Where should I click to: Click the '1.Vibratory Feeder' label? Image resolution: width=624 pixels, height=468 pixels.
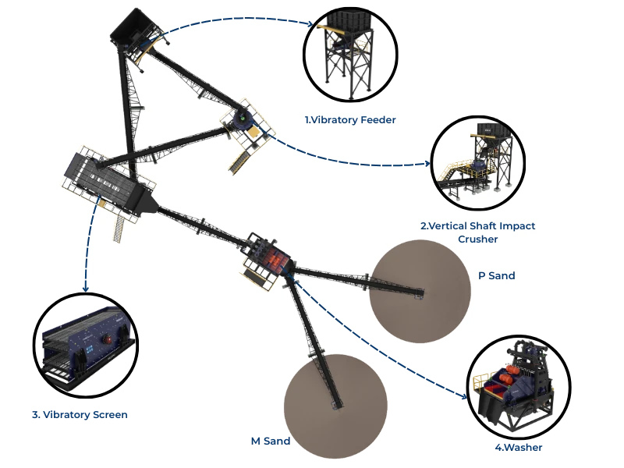(350, 120)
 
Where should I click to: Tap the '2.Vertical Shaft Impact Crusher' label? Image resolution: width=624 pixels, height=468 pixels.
(477, 232)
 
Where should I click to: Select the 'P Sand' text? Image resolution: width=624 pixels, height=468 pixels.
(496, 275)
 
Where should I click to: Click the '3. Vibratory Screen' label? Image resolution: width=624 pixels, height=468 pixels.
(80, 415)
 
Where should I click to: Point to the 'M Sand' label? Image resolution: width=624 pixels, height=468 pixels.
(271, 441)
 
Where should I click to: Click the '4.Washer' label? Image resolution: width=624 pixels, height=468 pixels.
(517, 448)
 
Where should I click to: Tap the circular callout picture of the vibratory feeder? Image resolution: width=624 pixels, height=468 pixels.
(350, 56)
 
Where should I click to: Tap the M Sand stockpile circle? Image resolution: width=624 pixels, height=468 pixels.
(335, 402)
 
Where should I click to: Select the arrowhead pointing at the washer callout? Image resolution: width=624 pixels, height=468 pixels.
(468, 399)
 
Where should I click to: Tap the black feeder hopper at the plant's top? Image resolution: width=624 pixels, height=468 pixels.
(133, 28)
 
